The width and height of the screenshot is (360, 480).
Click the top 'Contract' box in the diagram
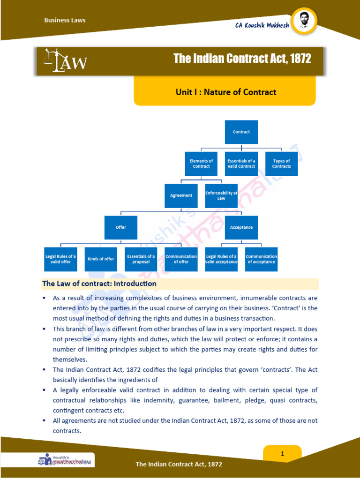pos(241,132)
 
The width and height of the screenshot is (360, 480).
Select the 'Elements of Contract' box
pos(201,164)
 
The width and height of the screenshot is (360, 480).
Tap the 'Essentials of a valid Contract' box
pos(241,164)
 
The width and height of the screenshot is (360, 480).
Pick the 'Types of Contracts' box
pos(281,164)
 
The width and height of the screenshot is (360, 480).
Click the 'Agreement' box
pos(181,195)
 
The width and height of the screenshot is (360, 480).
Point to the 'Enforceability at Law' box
pos(221,195)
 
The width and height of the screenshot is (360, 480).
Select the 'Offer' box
pos(121,227)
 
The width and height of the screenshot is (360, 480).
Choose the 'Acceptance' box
pos(241,227)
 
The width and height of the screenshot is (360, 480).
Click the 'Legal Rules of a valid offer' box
pos(60,259)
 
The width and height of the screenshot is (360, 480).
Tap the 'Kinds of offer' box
pos(101,259)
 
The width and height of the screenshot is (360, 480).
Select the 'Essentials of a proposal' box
pos(141,259)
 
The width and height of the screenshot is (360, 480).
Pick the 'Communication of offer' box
pos(181,259)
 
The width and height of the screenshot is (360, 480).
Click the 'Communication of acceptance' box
pos(261,259)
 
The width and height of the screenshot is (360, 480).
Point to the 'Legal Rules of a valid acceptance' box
pos(221,259)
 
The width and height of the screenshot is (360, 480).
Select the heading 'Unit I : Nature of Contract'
pos(225,92)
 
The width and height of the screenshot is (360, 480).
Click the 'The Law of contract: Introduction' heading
pos(99,284)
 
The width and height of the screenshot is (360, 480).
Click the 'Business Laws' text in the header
pos(65,20)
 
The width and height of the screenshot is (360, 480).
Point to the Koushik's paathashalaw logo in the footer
pos(66,460)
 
